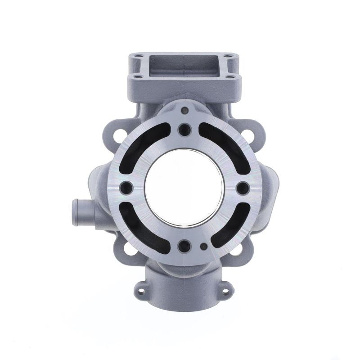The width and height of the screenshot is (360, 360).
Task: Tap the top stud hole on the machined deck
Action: click(x=184, y=130)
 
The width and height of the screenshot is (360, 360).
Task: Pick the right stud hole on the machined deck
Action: click(x=241, y=187)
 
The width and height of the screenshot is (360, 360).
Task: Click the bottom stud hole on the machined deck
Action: click(x=184, y=246)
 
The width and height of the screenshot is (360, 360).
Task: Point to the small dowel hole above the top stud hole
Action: click(x=184, y=110)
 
